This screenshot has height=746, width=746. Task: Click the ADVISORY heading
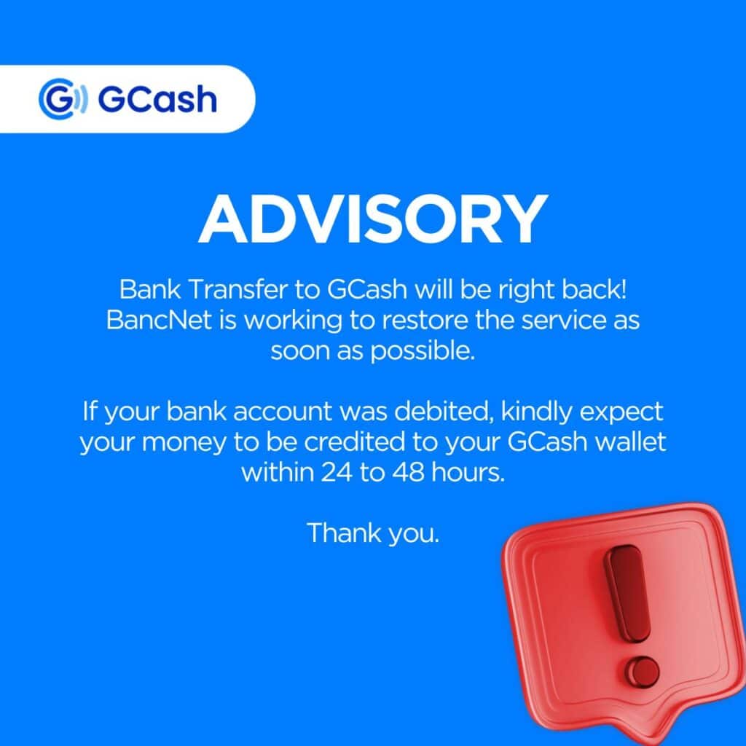point(372,218)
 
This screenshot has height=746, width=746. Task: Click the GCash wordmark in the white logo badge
point(157,99)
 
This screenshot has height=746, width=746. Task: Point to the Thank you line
point(372,533)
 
